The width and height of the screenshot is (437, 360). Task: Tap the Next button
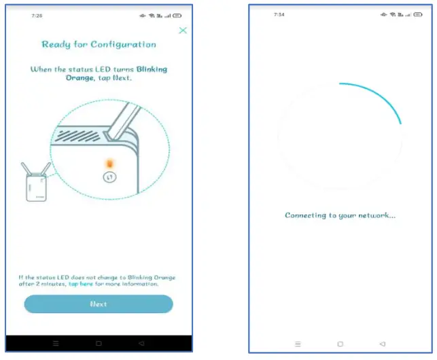[99, 304]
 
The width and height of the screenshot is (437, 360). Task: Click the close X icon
[182, 31]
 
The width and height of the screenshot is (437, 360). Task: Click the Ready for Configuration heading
[99, 45]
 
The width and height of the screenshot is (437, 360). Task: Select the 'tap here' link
[82, 284]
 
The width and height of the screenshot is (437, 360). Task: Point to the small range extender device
[35, 185]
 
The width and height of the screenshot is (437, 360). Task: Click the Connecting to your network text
[340, 215]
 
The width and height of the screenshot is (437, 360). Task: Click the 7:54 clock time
[279, 15]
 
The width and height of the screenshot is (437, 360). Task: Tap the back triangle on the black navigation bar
[141, 343]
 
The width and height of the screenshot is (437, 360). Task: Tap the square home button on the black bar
[99, 343]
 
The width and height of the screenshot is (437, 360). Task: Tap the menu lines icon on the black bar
[56, 343]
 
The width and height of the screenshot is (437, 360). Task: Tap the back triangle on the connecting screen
[383, 344]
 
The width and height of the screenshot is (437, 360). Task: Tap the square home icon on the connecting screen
[340, 344]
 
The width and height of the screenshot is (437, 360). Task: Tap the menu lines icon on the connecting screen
[297, 344]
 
